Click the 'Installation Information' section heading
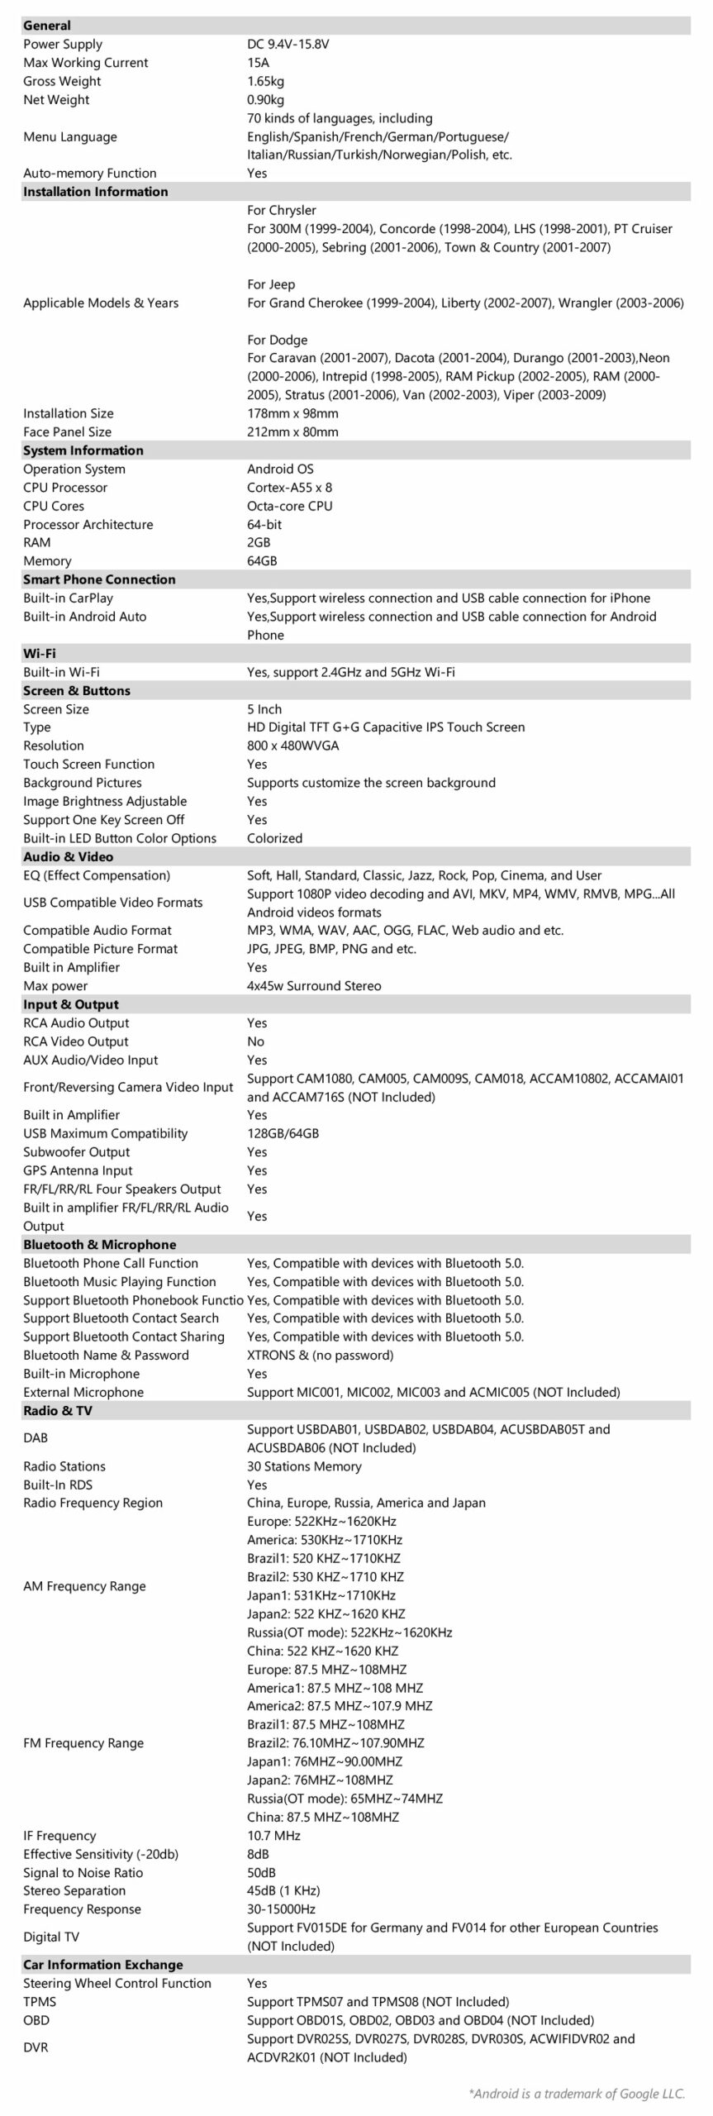tap(95, 192)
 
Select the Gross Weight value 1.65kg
tap(265, 81)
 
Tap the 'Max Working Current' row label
tap(85, 63)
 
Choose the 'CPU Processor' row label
tap(65, 488)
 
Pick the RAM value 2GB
tap(259, 542)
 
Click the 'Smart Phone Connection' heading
tap(99, 579)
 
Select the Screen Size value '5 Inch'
tap(264, 709)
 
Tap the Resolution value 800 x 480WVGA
tap(292, 746)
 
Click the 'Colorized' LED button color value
tap(274, 838)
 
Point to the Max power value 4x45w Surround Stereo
tap(314, 986)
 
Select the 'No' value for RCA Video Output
tap(255, 1041)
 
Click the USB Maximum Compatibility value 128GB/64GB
tap(283, 1133)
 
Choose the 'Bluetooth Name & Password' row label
tap(106, 1355)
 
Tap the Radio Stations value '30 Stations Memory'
tap(304, 1466)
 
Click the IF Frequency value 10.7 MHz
tap(273, 1836)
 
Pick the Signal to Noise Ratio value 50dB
tap(261, 1873)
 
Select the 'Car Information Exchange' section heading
tap(102, 1965)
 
